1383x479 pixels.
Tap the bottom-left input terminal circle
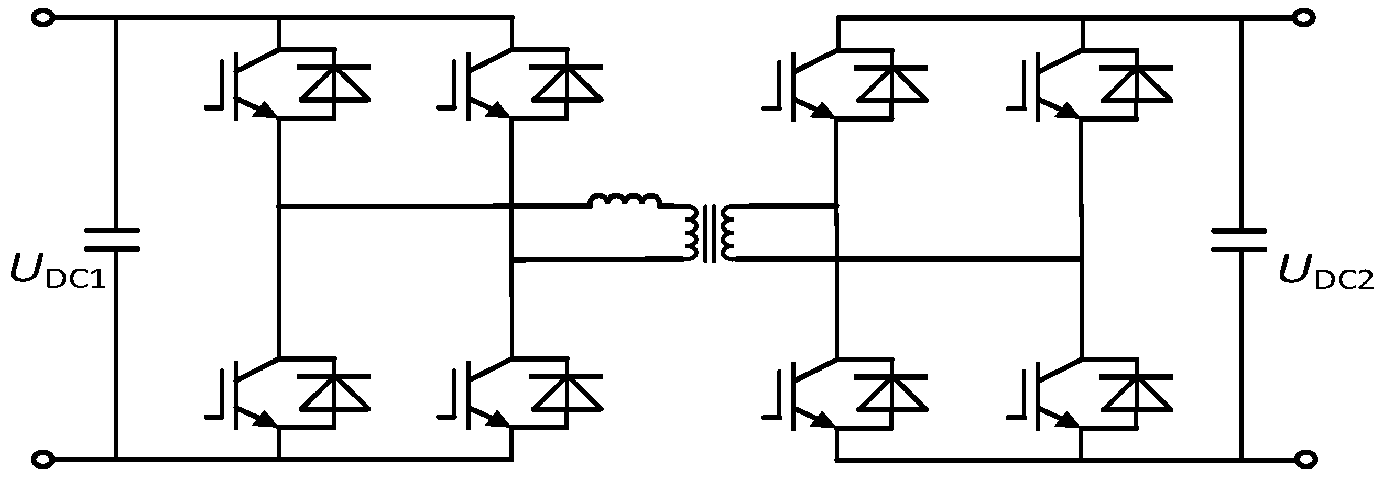[x=42, y=459]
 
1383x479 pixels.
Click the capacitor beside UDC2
[x=1239, y=239]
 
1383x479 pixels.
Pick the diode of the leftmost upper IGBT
[x=334, y=83]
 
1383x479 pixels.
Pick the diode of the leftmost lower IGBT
[x=334, y=391]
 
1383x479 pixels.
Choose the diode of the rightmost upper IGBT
[x=1137, y=83]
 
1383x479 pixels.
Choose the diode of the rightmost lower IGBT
[x=1137, y=391]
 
